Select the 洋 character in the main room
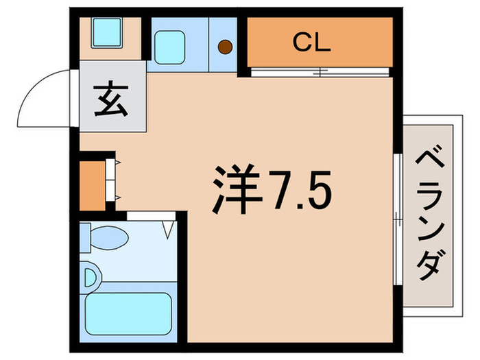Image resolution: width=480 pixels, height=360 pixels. pos(235,187)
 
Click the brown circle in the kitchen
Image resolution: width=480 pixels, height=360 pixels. pos(225,47)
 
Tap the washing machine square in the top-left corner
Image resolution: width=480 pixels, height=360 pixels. pos(107,30)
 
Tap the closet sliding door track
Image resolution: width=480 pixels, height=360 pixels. pos(320,71)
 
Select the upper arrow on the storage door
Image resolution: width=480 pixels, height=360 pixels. pos(118,163)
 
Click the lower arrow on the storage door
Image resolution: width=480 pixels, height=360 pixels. pos(118,197)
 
